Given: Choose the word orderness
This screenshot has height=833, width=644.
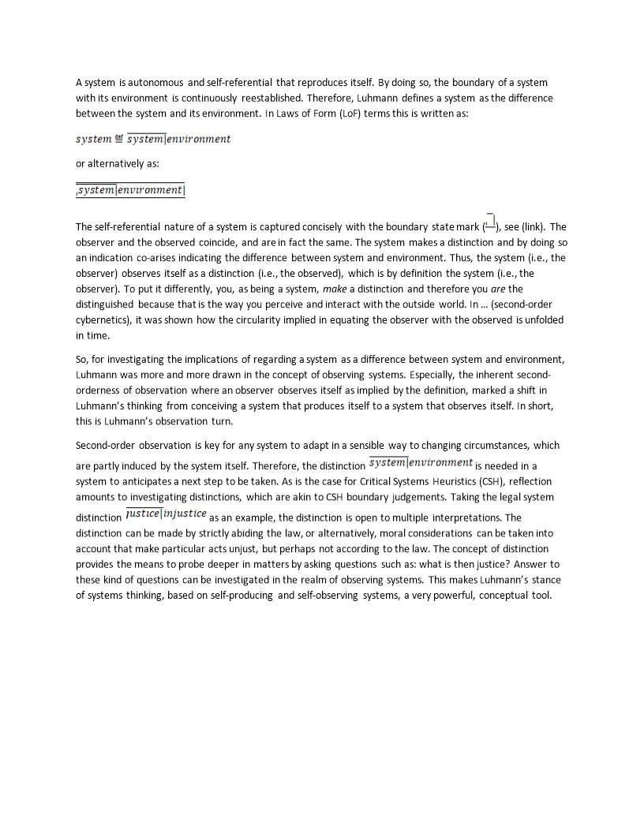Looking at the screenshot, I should point(100,390).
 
